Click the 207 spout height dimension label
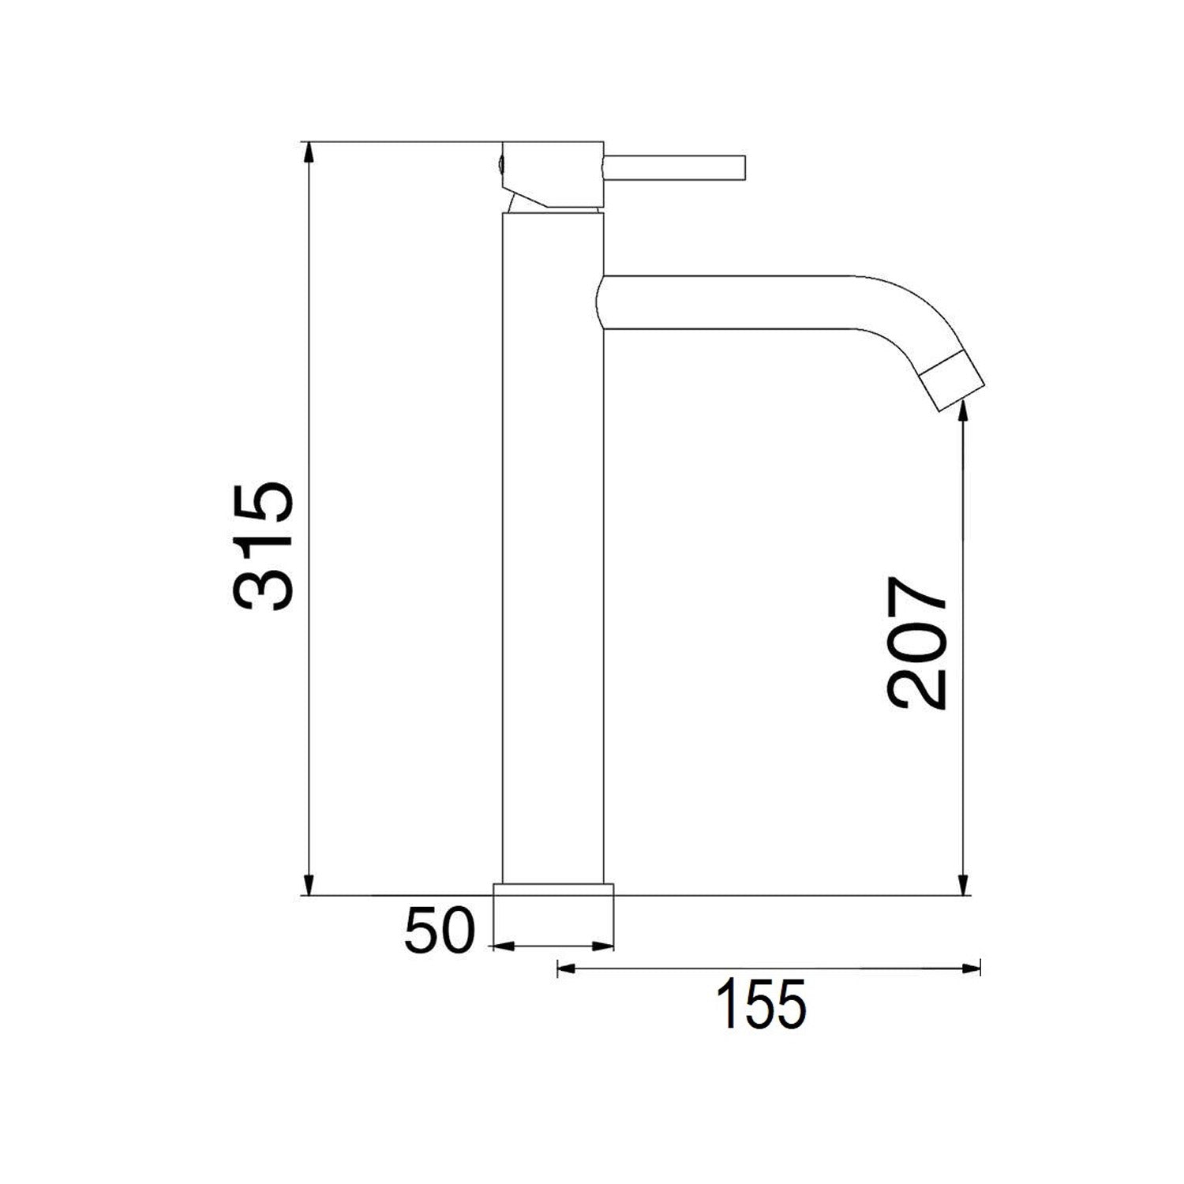(x=916, y=643)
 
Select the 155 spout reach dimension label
(x=761, y=1004)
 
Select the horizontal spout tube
(x=726, y=302)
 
